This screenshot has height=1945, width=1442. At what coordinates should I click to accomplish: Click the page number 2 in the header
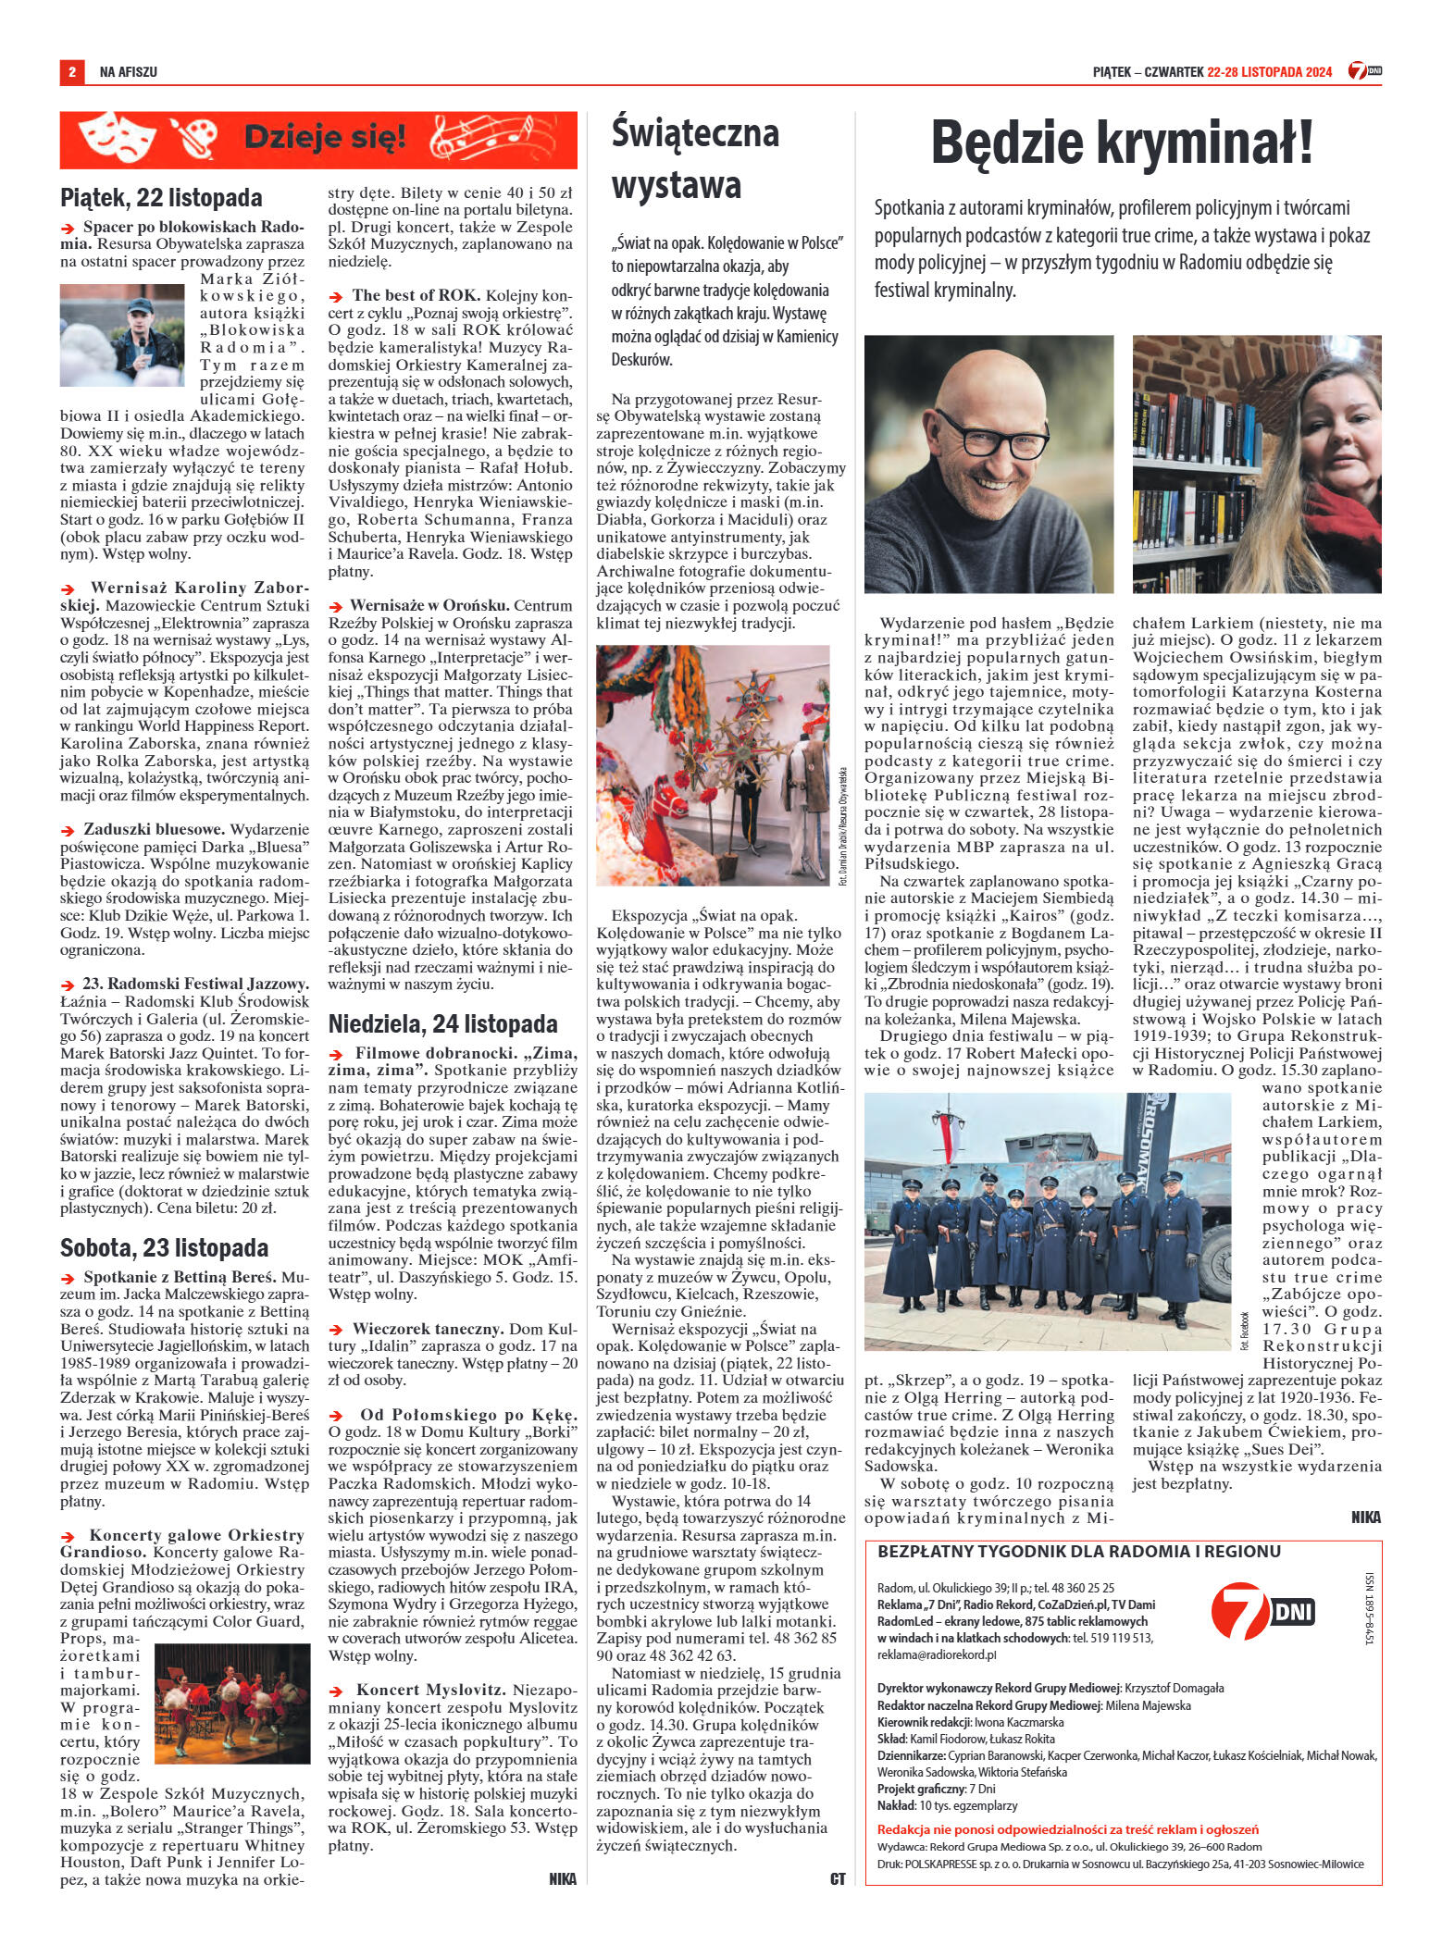pos(70,71)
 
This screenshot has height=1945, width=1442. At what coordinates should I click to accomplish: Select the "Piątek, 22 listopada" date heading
pos(161,197)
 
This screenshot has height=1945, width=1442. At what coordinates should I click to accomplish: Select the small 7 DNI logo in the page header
pos(1365,71)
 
